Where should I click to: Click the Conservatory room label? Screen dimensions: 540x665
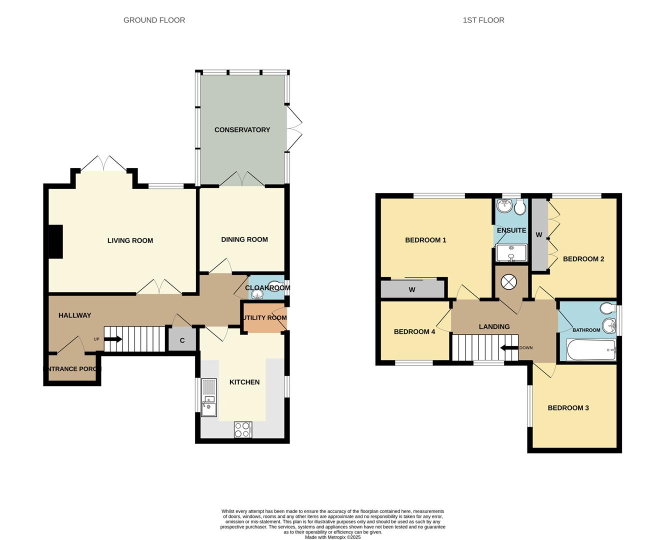(x=242, y=130)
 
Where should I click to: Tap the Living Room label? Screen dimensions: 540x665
(x=130, y=240)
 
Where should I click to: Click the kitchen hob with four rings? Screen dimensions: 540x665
(x=243, y=429)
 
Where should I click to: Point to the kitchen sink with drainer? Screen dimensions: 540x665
(x=208, y=398)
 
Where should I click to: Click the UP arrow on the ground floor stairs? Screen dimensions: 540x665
(x=113, y=339)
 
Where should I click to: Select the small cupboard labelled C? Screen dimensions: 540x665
(x=182, y=340)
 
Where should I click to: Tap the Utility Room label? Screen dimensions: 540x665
(x=265, y=318)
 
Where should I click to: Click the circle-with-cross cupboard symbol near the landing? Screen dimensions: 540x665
(x=508, y=282)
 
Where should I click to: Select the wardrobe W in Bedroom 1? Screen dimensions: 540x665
(x=412, y=289)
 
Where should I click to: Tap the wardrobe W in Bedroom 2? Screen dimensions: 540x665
(x=539, y=235)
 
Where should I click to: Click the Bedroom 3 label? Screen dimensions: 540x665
(x=568, y=408)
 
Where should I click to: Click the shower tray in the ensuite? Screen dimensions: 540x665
(x=511, y=253)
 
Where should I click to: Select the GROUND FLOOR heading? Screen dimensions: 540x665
(x=154, y=20)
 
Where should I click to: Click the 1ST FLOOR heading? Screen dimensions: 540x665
(x=483, y=20)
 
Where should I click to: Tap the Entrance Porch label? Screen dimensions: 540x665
(x=72, y=369)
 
